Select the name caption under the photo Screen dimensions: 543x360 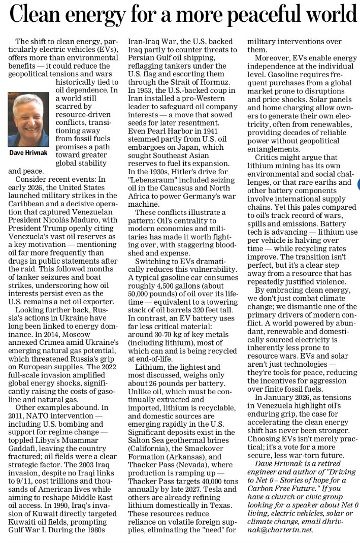coord(28,153)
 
